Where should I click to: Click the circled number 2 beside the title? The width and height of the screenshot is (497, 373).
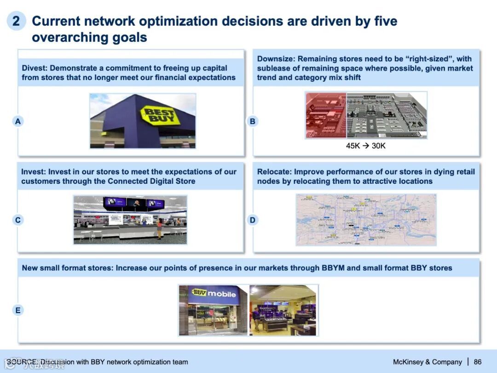point(16,21)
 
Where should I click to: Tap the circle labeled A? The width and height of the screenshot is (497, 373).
point(18,122)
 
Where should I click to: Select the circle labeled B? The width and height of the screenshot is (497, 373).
point(253,122)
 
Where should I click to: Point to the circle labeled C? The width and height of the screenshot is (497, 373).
point(18,220)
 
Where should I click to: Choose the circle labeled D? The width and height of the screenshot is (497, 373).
point(253,220)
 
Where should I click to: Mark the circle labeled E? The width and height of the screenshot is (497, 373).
point(18,310)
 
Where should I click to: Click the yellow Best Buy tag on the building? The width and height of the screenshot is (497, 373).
point(160,115)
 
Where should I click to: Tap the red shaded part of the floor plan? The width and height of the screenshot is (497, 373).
point(326,115)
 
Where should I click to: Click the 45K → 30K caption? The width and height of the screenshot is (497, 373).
point(366,146)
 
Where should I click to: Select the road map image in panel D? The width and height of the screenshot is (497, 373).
point(366,220)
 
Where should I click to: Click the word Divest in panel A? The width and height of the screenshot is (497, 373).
point(34,68)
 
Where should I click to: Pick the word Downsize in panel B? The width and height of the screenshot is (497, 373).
point(276,59)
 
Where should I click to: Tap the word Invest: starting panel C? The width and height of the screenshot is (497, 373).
point(33,172)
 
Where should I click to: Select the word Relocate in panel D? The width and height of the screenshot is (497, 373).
point(274,172)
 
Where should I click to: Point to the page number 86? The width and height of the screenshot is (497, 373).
point(478,362)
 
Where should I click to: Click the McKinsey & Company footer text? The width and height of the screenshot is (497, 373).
point(427,362)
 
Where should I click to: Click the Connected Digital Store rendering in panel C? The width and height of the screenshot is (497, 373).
point(130,220)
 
